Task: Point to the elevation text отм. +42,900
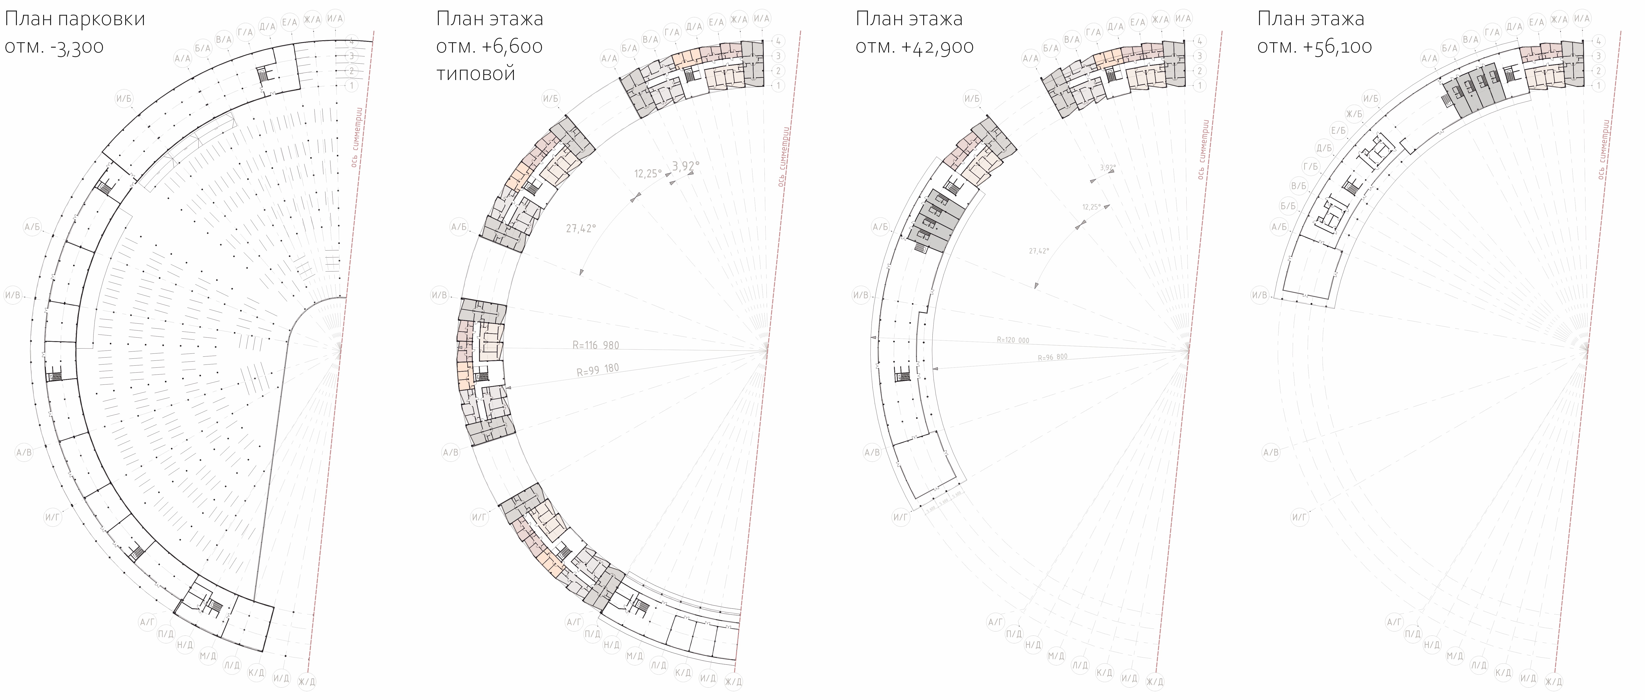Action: point(914,47)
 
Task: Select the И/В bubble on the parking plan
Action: point(13,295)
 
